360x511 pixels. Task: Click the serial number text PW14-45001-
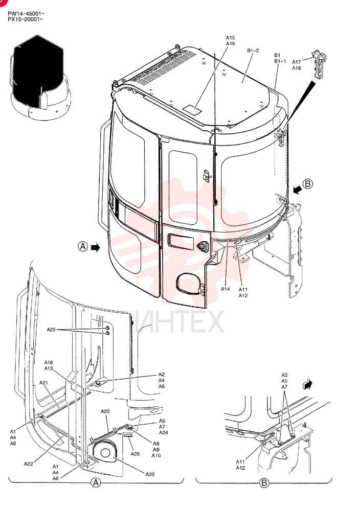(x=26, y=13)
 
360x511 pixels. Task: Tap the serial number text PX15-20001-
(x=25, y=19)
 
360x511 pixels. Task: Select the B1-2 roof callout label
(x=253, y=51)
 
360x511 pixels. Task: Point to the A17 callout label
(x=296, y=62)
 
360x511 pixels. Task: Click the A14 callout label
(x=226, y=289)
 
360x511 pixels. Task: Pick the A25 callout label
(x=51, y=330)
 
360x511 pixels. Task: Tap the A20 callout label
(x=150, y=474)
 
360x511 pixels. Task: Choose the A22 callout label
(x=28, y=464)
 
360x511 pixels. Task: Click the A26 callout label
(x=135, y=454)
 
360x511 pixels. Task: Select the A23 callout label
(x=105, y=411)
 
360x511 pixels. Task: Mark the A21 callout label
(x=43, y=383)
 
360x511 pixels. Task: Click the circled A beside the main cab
(x=83, y=246)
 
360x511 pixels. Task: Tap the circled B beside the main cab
(x=307, y=184)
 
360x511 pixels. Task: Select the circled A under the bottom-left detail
(x=96, y=482)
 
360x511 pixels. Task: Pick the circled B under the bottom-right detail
(x=264, y=483)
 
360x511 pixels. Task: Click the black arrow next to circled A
(x=96, y=247)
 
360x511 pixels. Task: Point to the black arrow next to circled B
(x=297, y=190)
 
